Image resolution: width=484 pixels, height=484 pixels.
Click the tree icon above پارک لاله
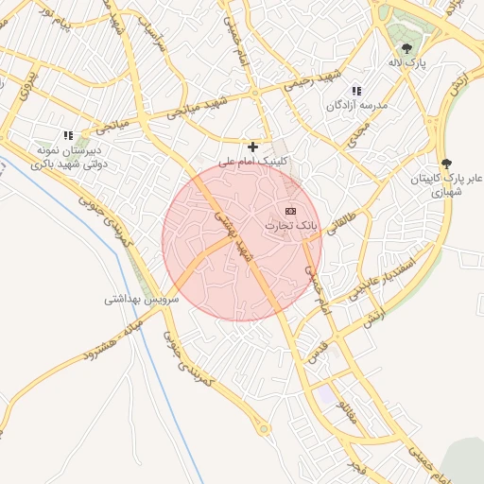point(407,47)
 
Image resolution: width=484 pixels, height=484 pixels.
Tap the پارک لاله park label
point(407,62)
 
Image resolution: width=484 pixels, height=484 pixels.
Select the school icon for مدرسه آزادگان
point(356,91)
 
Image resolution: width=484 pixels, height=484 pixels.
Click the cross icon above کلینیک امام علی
point(252,147)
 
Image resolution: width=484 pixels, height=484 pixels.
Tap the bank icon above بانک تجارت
point(290,210)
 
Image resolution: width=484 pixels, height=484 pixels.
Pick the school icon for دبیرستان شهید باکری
point(67,135)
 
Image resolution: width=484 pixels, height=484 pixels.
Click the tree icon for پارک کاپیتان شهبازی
point(445,163)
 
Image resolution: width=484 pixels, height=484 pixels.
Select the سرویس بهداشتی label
point(137,299)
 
